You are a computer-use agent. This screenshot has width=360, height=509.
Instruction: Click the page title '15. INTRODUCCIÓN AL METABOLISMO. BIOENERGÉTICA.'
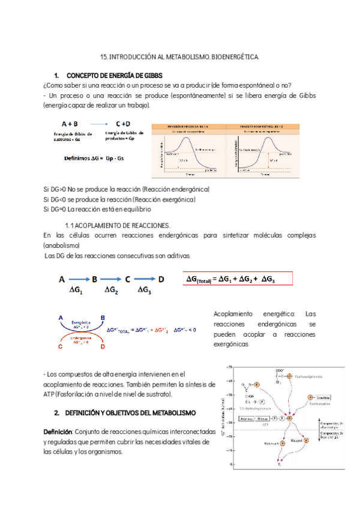coord(179,57)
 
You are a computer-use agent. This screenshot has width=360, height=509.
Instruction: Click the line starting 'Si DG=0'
coord(97,209)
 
